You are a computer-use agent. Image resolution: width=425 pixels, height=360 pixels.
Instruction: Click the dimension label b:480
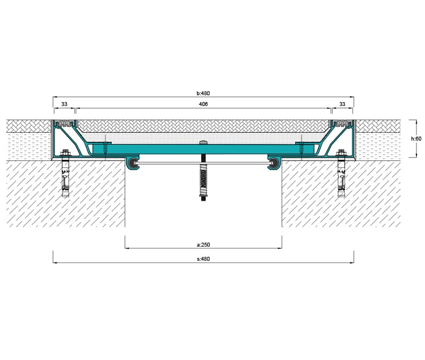pos(203,93)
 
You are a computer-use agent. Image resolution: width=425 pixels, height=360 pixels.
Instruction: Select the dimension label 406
pos(203,104)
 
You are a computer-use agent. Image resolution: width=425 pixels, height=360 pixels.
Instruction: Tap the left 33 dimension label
pos(64,104)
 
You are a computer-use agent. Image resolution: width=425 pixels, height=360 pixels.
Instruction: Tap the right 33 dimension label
pos(342,104)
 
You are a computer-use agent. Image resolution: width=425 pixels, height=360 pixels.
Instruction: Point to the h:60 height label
pos(416,139)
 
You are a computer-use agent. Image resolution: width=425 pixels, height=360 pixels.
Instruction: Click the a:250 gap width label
pos(203,244)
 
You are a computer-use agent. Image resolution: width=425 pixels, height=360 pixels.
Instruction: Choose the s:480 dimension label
pos(203,259)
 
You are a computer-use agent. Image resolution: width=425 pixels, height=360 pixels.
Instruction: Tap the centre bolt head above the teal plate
pos(203,142)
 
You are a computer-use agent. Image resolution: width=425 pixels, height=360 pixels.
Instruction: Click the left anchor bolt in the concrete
pos(65,173)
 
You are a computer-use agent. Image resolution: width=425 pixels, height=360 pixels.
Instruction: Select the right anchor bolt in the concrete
pos(342,173)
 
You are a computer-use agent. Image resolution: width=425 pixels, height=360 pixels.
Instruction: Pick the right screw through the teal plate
pos(301,149)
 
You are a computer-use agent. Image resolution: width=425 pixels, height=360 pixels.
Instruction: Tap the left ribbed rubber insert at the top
pos(65,124)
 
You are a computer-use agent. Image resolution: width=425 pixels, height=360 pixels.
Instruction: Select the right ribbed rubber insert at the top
pos(342,124)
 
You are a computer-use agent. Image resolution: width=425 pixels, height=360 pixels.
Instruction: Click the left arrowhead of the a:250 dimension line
pos(127,248)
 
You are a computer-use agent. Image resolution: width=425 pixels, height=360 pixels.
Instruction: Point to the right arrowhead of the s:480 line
pos(352,262)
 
